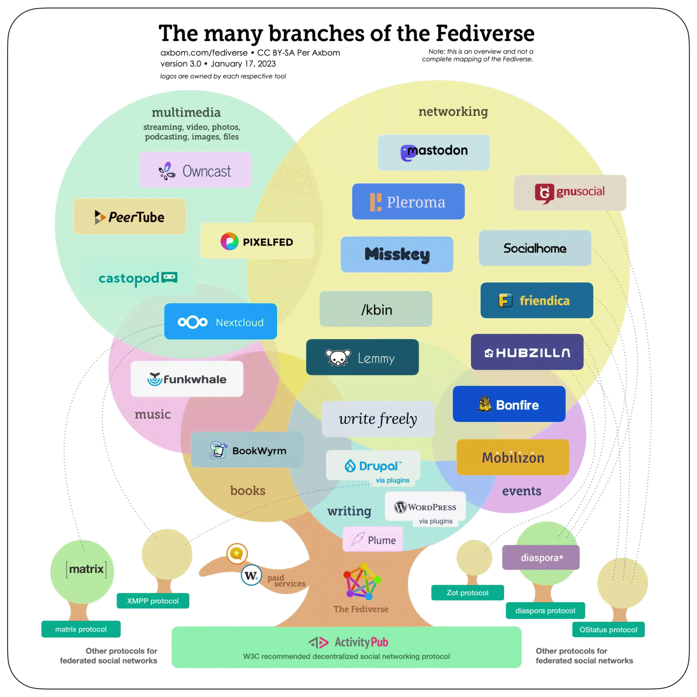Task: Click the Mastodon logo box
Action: (434, 152)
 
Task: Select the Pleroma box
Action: (408, 201)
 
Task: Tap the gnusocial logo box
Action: (569, 193)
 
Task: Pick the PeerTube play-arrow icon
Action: (99, 217)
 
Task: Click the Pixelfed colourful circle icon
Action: (229, 241)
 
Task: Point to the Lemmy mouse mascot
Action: (338, 358)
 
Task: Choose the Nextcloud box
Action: (220, 321)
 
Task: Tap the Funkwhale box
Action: (187, 379)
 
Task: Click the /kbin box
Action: (376, 309)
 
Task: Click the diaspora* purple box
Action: (541, 557)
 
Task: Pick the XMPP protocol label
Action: (152, 601)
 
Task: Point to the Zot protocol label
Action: (467, 593)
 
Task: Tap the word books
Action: (248, 490)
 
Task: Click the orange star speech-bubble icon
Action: (237, 554)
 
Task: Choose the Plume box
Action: (373, 540)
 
